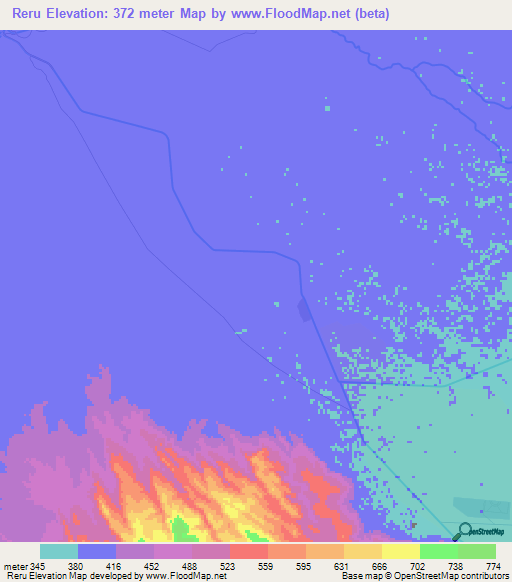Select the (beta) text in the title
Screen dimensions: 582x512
tap(367, 14)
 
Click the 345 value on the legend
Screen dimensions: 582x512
tap(38, 565)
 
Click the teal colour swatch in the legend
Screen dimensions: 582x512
tap(59, 551)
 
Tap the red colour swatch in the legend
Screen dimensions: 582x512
tap(248, 551)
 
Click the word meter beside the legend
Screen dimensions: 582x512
tap(15, 565)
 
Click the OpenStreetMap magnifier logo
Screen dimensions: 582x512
tap(464, 531)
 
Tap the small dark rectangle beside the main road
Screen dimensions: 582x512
tap(303, 311)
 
